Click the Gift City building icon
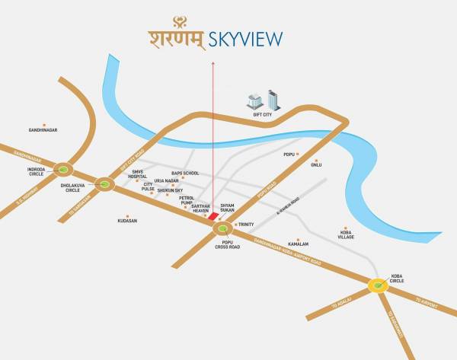click(x=264, y=100)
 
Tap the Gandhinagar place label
click(x=43, y=130)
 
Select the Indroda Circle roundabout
click(x=64, y=170)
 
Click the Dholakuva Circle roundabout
click(x=104, y=183)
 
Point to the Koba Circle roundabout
click(x=378, y=286)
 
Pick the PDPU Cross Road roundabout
click(x=223, y=228)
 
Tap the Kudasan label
click(x=127, y=221)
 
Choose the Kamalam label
click(x=298, y=244)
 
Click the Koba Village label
click(x=346, y=234)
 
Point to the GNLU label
click(x=316, y=164)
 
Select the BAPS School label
click(x=185, y=174)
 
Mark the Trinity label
click(x=246, y=225)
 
